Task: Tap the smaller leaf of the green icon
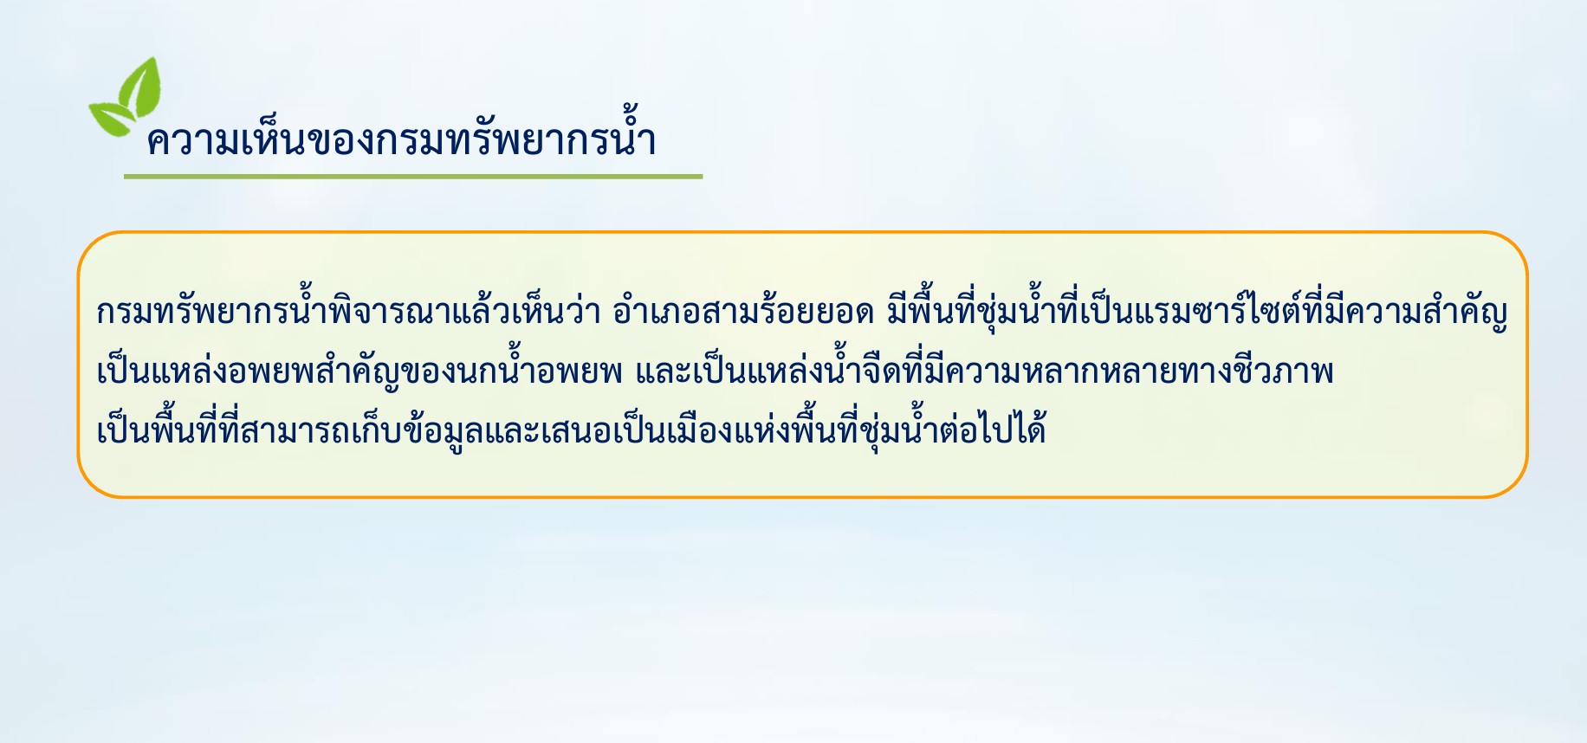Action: [111, 118]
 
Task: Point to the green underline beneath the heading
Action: [413, 177]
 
